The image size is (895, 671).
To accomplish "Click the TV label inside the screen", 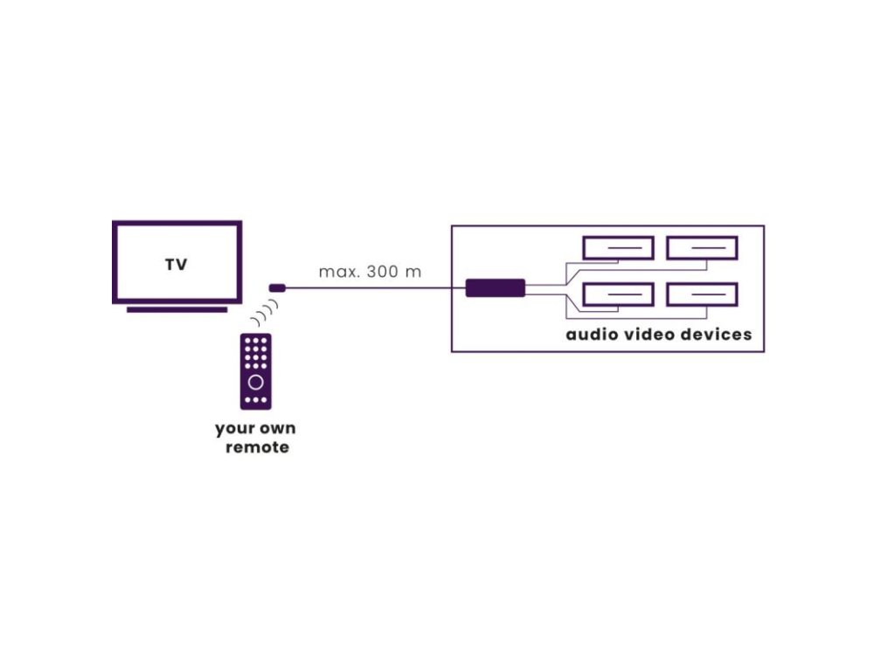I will [176, 265].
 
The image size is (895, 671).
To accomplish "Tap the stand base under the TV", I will [177, 309].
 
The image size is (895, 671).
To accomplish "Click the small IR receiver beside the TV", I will [277, 287].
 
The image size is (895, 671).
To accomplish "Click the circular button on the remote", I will [255, 382].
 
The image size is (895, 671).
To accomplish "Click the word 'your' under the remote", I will [233, 429].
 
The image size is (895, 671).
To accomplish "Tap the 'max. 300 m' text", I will [370, 272].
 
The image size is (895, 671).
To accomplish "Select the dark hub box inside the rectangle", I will [495, 287].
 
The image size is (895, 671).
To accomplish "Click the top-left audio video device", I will [618, 248].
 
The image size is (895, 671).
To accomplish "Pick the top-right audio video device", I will [702, 248].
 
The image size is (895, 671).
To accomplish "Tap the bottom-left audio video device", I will [618, 294].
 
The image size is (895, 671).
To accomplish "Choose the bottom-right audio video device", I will [702, 294].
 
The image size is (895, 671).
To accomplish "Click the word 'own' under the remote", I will [277, 429].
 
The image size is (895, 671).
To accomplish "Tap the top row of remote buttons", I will [255, 339].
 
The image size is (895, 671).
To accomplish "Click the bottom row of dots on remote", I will [255, 400].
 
